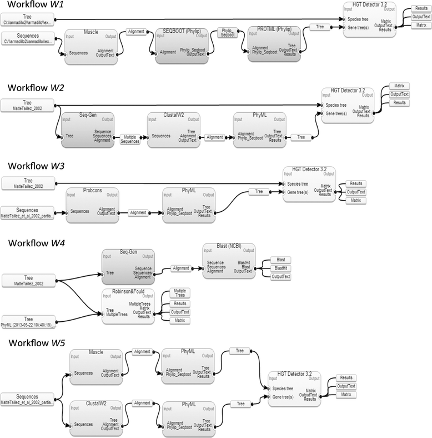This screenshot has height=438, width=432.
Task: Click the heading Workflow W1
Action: (33, 7)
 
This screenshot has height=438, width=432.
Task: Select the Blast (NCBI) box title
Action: (229, 246)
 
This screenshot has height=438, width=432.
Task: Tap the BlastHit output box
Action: (280, 268)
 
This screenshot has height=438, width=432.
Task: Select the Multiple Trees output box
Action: (180, 293)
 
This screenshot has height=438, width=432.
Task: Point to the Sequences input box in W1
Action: (27, 38)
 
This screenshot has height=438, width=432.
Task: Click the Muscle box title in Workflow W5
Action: (96, 352)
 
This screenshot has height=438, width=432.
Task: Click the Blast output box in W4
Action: (280, 260)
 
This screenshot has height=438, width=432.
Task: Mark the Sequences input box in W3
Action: (27, 212)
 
